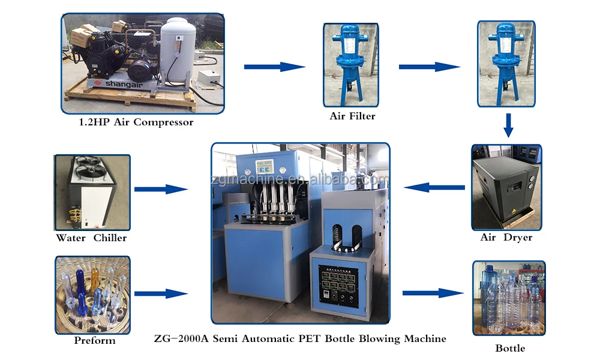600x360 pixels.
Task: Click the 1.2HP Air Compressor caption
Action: (137, 122)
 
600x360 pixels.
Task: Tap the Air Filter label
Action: (352, 116)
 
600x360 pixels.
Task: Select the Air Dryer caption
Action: (506, 238)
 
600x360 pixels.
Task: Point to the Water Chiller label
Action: (91, 238)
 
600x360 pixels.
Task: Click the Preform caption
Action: (95, 341)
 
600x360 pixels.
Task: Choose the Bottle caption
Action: (510, 348)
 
